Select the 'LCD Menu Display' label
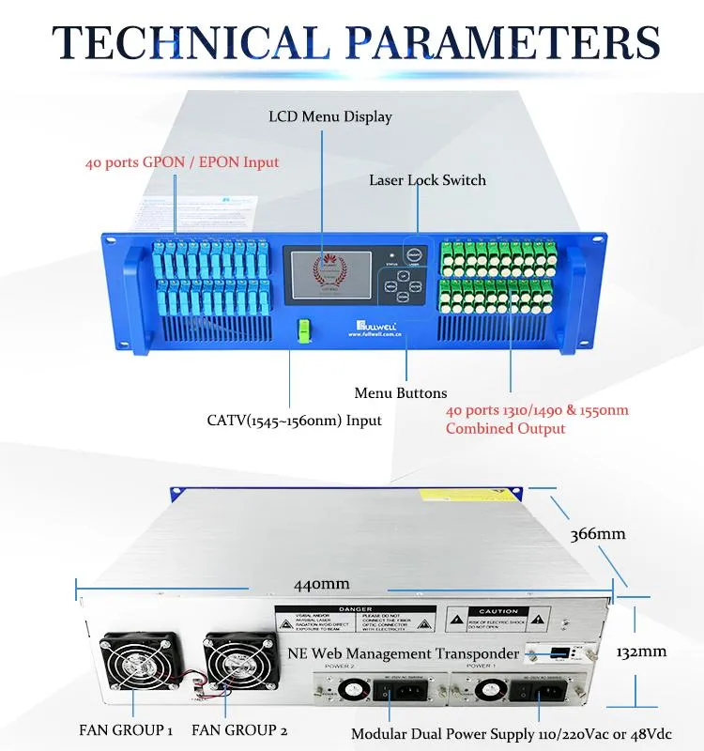[x=330, y=117]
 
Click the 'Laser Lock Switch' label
[x=427, y=179]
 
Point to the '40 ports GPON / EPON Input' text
[x=182, y=162]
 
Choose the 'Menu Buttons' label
[x=401, y=392]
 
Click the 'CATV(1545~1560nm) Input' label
[x=295, y=420]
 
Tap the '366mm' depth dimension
[x=598, y=534]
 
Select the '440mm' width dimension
[x=321, y=584]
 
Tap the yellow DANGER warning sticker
[x=356, y=621]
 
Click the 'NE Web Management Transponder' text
[x=403, y=653]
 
